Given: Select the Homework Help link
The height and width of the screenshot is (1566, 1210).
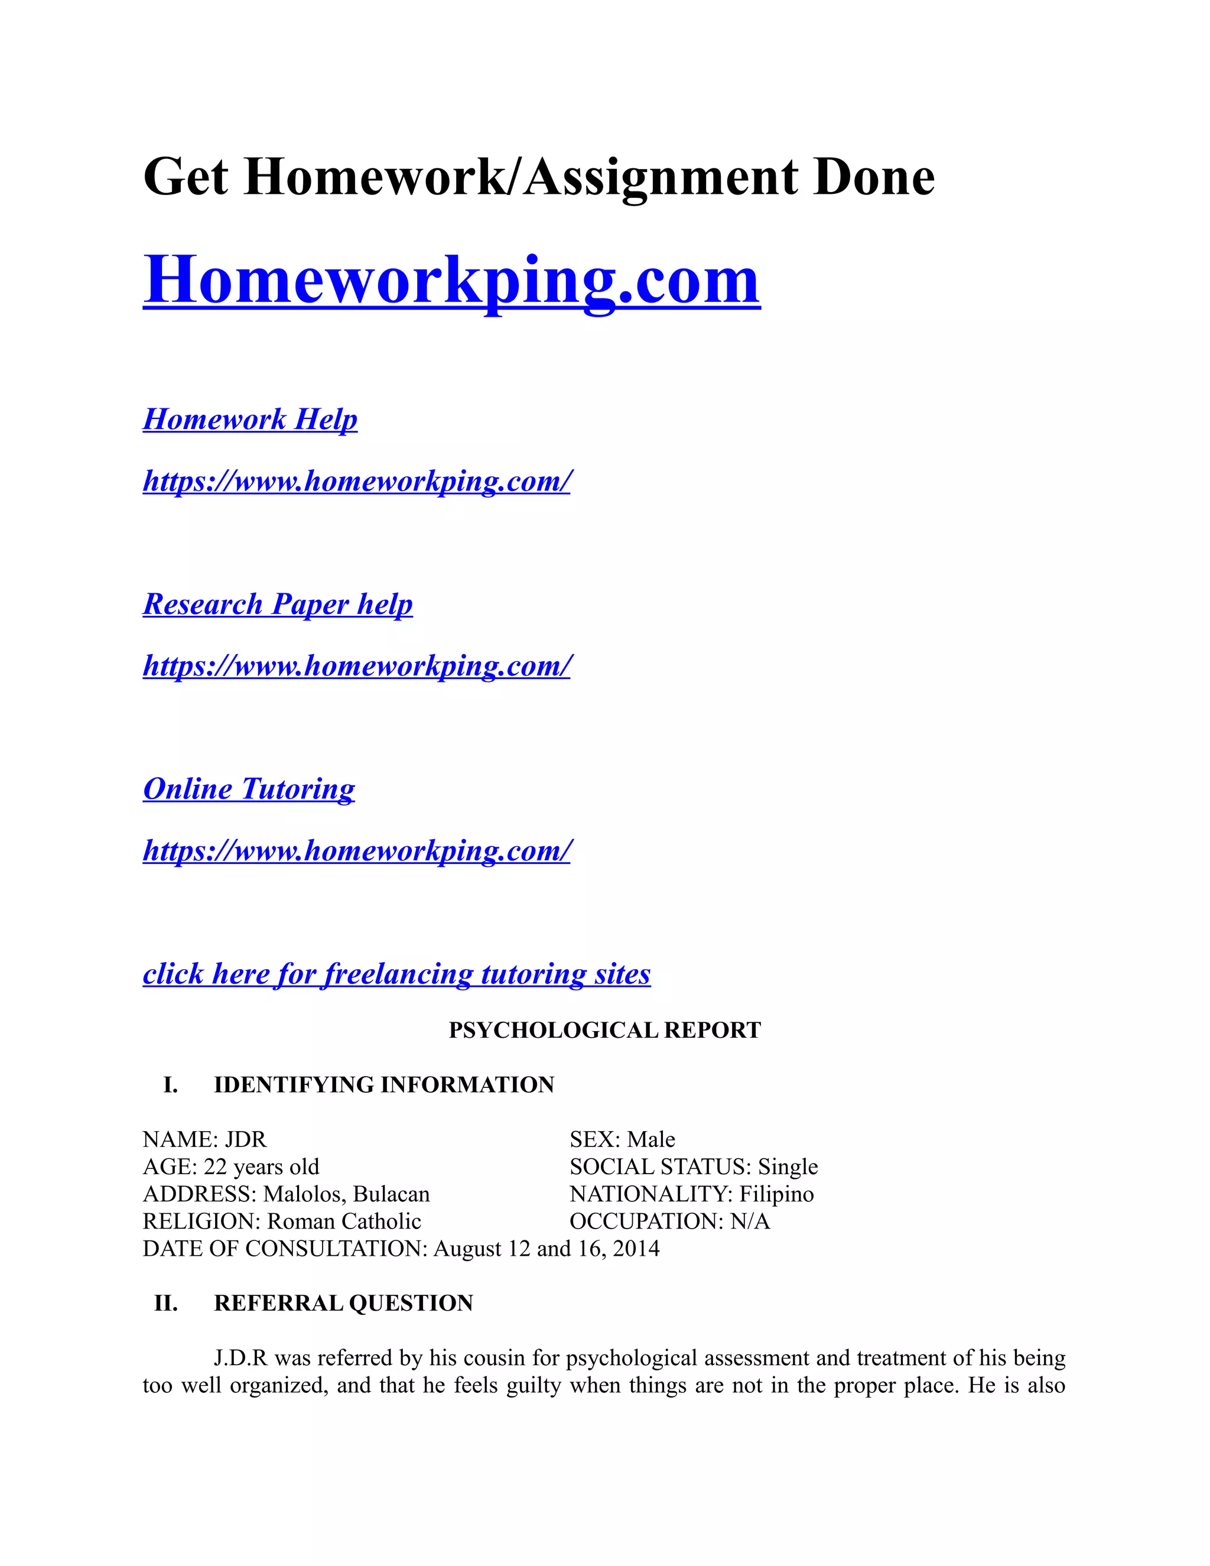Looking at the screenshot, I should point(250,420).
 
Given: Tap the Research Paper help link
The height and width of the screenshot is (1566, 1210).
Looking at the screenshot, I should point(278,605).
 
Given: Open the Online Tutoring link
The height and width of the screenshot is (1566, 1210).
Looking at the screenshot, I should point(249,789).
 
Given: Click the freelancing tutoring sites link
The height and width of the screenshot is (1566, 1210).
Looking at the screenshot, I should point(396,974).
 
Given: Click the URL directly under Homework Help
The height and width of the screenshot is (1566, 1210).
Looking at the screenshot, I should point(357,481).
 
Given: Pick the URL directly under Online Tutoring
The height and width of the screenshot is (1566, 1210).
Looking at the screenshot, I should point(357,851).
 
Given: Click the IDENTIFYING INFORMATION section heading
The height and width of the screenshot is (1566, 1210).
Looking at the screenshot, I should point(383,1085).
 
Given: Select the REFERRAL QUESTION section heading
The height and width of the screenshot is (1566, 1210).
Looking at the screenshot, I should point(343,1303).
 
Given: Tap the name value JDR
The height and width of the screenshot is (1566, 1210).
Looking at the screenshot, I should point(246,1139).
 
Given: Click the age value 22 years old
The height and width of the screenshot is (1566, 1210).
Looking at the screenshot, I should point(262,1167).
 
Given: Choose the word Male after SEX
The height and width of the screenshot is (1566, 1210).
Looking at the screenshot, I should point(651,1139).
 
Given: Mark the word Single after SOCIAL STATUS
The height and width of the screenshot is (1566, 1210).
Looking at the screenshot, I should point(788,1167).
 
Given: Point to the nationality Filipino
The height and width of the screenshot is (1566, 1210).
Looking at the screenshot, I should point(776,1194).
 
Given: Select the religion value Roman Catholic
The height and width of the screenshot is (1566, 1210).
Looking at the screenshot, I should point(344,1221).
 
